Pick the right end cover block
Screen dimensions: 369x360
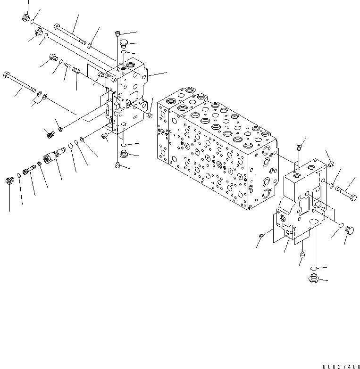[302, 203]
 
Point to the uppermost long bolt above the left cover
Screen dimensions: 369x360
[71, 33]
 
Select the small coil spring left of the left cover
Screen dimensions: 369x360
[67, 66]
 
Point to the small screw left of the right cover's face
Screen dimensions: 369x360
[261, 235]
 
